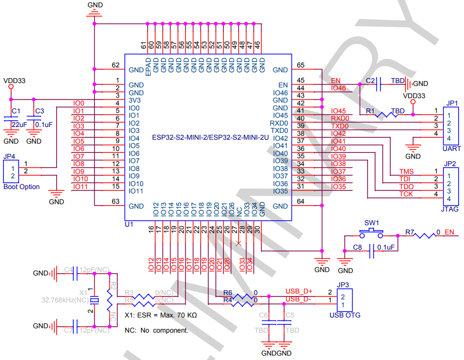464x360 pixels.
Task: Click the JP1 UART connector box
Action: click(451, 125)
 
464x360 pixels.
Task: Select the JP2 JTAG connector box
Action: click(451, 186)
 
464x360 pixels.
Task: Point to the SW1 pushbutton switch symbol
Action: click(375, 231)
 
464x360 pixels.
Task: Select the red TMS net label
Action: click(406, 171)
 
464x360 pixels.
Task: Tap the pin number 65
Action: click(300, 65)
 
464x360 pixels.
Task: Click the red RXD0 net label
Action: click(340, 118)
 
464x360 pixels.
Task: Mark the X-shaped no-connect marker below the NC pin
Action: click(239, 243)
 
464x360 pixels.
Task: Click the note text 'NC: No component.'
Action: click(156, 330)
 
